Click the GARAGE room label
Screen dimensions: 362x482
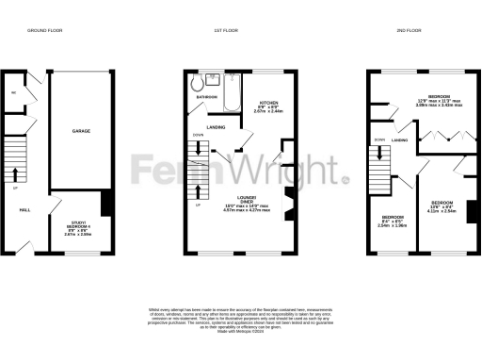(x=81, y=133)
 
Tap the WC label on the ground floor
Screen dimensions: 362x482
(x=14, y=93)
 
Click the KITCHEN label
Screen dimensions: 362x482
(x=265, y=100)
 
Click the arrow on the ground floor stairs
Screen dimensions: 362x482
(x=16, y=172)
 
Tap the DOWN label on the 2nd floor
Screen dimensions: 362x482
(x=380, y=140)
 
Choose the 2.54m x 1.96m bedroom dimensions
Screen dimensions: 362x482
(x=389, y=225)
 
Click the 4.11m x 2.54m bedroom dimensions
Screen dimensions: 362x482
(x=442, y=210)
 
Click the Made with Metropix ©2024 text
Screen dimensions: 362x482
(x=241, y=331)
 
